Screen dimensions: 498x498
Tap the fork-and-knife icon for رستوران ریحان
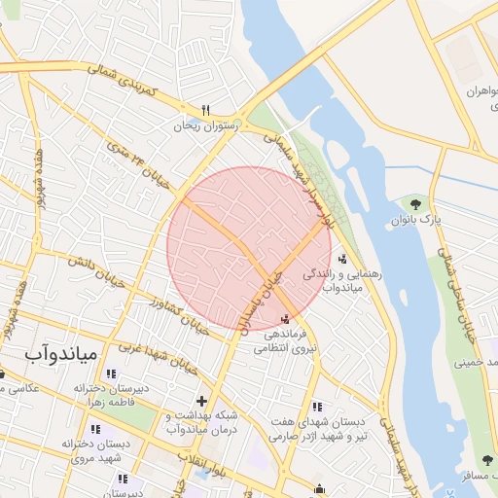(205, 110)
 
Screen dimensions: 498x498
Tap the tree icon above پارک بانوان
(416, 204)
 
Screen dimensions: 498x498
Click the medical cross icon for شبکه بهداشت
(201, 400)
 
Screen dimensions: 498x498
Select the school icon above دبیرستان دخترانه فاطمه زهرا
(110, 373)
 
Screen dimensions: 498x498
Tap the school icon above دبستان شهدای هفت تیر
(317, 407)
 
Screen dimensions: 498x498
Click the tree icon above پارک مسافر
(486, 460)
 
